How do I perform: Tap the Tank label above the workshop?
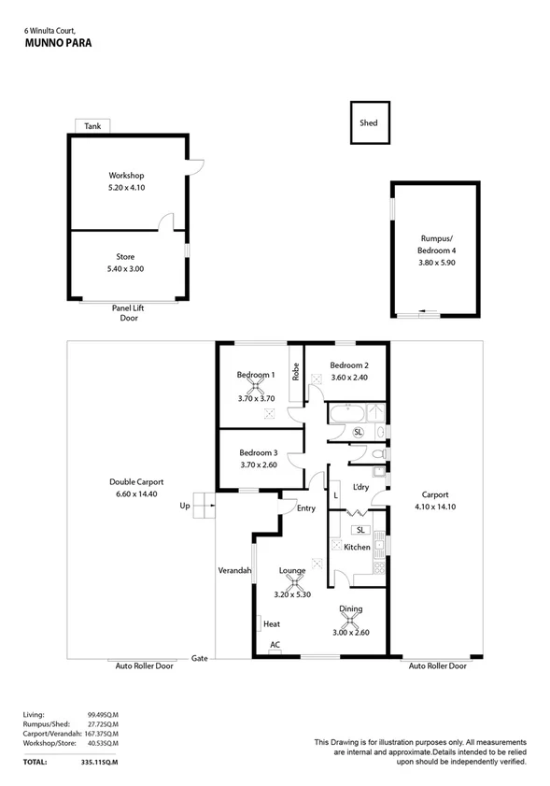92,126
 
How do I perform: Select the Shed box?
369,123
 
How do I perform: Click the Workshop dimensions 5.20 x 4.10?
126,188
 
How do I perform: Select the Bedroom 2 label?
348,364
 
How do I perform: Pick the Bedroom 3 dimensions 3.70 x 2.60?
259,464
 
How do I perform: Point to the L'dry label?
360,486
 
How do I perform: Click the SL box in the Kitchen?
360,530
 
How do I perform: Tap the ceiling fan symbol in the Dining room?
351,620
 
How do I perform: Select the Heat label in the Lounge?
273,623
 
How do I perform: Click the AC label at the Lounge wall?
275,645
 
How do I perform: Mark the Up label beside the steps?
184,506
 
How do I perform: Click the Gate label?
198,658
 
